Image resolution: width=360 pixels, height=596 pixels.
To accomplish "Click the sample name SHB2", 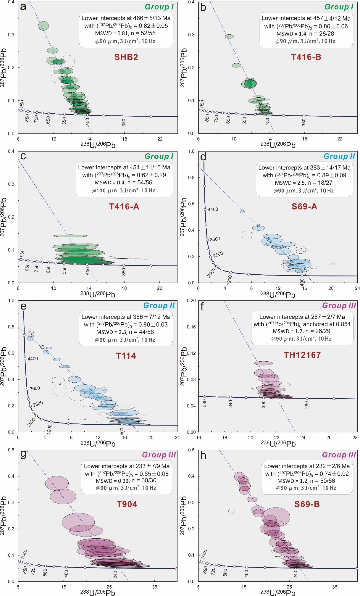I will tap(126, 57).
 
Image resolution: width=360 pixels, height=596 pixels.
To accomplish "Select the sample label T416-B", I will tap(306, 57).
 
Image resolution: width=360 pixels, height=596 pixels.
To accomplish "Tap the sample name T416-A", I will tap(124, 207).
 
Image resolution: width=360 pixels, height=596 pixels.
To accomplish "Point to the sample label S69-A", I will tap(304, 207).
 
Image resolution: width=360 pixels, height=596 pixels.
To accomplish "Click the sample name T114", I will tap(126, 356).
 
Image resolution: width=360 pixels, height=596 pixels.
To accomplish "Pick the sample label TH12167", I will tap(302, 355).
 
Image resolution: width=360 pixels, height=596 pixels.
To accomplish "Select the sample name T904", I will tap(127, 504).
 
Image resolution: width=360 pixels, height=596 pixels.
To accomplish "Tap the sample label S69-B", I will tap(307, 504).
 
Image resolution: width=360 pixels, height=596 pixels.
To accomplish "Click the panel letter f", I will tap(202, 307).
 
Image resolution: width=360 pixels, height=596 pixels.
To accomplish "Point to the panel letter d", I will tap(203, 157).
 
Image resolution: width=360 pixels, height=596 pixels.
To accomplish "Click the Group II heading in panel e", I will tap(159, 305).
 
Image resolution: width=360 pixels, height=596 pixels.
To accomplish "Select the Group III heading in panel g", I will tap(159, 455).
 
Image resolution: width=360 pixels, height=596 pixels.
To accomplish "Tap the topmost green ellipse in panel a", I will tap(43, 26).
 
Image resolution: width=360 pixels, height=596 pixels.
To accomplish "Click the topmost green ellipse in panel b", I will tap(229, 36).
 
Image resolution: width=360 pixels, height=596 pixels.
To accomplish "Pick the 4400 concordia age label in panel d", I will tap(213, 210).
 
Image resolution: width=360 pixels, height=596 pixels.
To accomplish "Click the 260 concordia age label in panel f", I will tap(307, 405).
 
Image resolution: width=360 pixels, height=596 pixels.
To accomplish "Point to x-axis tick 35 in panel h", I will tap(335, 587).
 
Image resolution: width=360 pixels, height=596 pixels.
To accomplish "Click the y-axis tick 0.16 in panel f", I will tap(191, 327).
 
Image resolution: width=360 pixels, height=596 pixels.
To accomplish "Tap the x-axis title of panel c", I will tap(98, 294).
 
